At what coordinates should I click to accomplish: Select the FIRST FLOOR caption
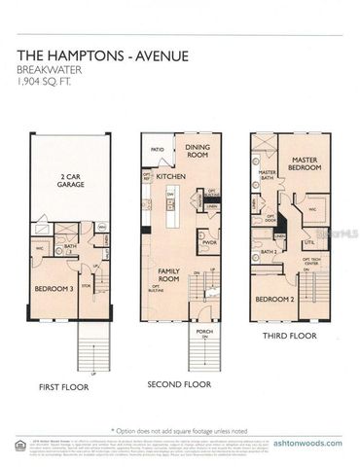click(62, 386)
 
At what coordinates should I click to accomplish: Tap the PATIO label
click(156, 149)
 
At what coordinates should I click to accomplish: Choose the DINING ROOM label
click(198, 151)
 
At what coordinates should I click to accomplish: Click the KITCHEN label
click(170, 176)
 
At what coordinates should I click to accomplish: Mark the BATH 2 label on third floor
click(269, 251)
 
